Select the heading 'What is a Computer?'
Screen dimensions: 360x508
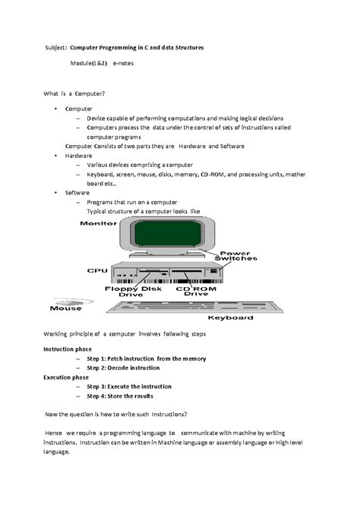(x=74, y=93)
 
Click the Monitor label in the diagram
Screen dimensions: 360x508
(x=98, y=224)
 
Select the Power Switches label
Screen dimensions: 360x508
(x=238, y=257)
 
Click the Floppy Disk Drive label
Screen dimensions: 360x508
(x=140, y=292)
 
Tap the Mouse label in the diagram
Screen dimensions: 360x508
(x=66, y=308)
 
